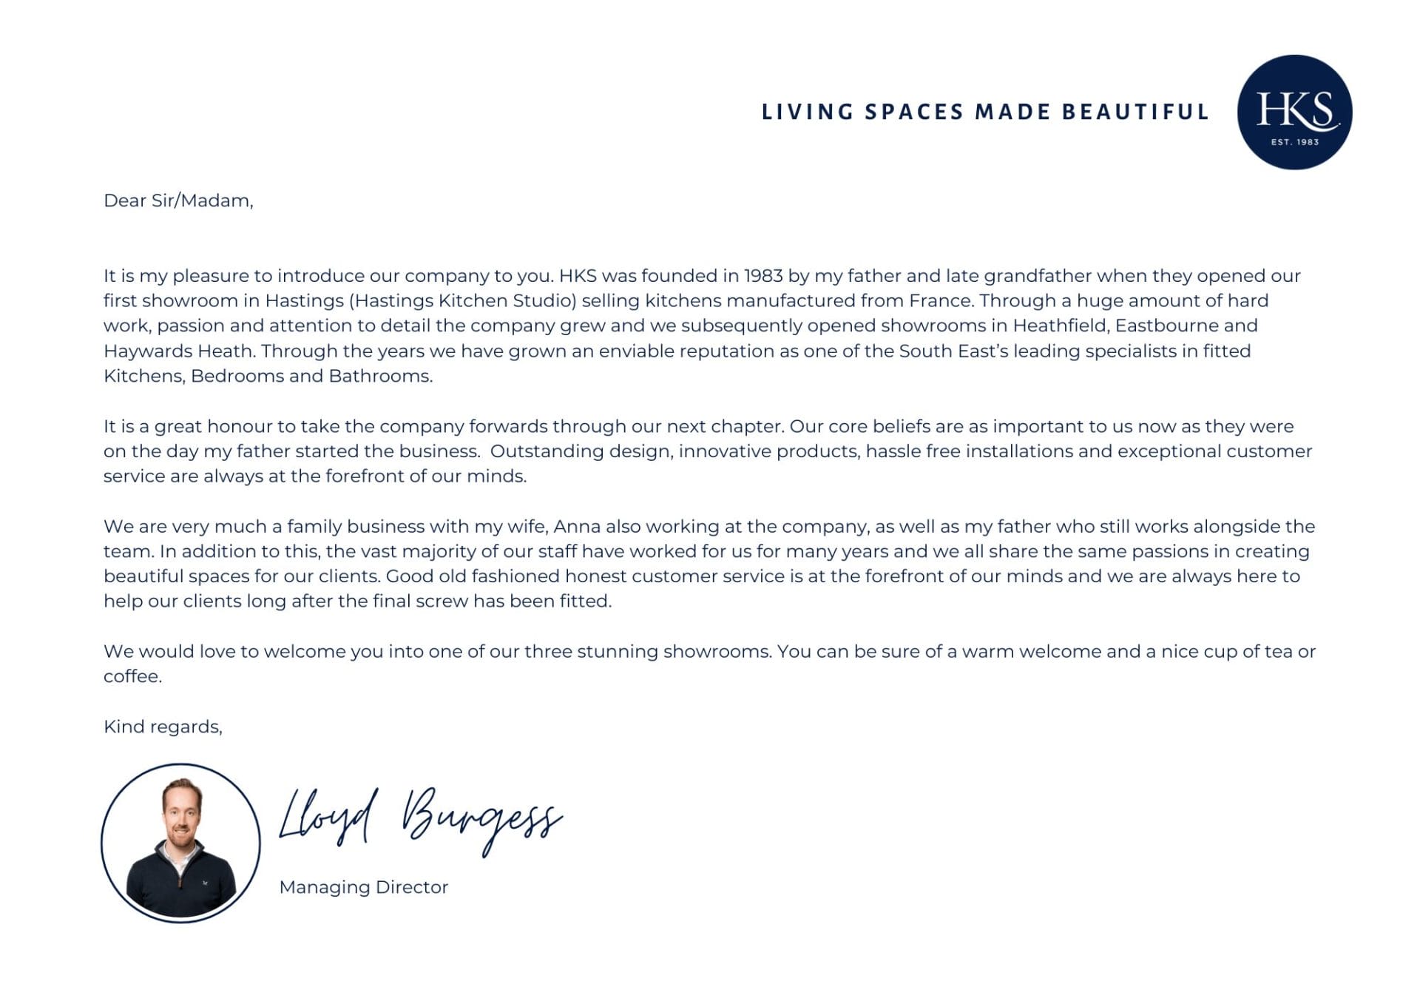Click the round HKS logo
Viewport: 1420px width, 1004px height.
pyautogui.click(x=1294, y=112)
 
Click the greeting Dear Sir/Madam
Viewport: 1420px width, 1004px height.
pyautogui.click(x=178, y=201)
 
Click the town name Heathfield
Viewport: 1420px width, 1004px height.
pyautogui.click(x=1060, y=326)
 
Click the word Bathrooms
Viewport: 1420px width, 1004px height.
pyautogui.click(x=379, y=376)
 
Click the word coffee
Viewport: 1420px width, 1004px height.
pyautogui.click(x=132, y=676)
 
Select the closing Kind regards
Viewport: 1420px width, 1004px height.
pyautogui.click(x=163, y=727)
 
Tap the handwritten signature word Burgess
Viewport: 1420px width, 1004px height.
pyautogui.click(x=481, y=818)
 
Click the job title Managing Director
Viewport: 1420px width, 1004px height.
pyautogui.click(x=363, y=887)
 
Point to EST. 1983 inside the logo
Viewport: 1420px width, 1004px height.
pyautogui.click(x=1294, y=141)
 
